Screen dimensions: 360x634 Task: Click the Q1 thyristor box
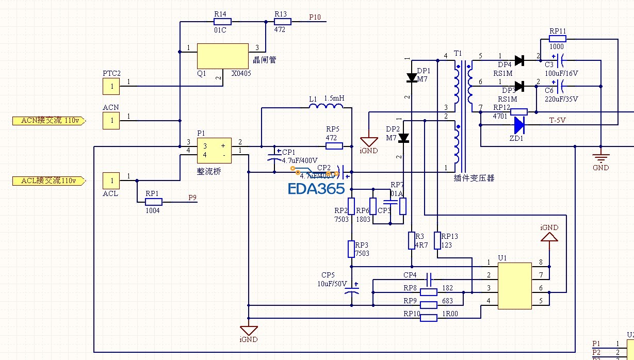[x=222, y=56]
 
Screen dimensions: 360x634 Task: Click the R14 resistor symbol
[x=222, y=22]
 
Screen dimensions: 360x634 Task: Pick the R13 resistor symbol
[x=282, y=22]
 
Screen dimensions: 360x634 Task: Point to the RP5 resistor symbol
[x=334, y=146]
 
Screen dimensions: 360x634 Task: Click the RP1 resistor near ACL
[x=153, y=202]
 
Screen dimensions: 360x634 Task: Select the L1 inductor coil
[x=326, y=107]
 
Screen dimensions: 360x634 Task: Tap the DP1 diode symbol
[x=412, y=78]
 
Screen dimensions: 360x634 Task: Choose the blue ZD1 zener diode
[x=518, y=124]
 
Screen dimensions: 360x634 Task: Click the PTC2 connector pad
[x=111, y=87]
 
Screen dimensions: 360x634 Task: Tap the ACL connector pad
[x=111, y=181]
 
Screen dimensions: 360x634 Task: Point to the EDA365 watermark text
[x=316, y=189]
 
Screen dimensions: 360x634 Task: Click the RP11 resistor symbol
[x=558, y=38]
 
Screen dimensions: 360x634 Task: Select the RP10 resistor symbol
[x=429, y=318]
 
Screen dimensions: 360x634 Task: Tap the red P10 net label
[x=315, y=17]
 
